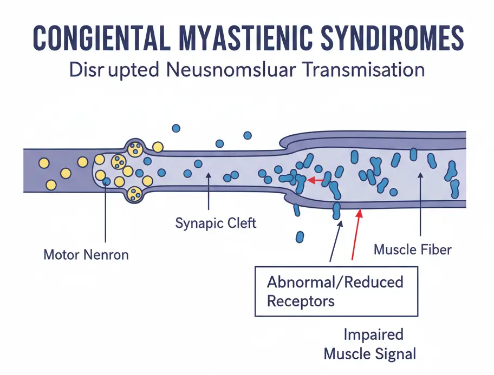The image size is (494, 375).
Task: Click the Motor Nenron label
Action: coord(86,254)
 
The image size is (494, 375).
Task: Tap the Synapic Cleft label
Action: coord(216,223)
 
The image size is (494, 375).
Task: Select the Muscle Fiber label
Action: coord(413,250)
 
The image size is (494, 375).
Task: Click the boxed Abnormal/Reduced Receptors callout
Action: coord(336,291)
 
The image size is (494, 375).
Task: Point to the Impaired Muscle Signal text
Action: coord(370,344)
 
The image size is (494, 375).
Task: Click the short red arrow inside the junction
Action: coord(316,179)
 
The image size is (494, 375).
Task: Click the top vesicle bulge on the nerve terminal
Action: coord(135,147)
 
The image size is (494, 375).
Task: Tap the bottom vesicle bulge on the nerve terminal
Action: coord(134,193)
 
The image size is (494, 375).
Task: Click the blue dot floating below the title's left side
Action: coord(175,128)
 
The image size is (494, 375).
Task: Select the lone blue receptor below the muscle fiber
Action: coord(300,237)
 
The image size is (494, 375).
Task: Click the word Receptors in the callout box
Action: coord(301,300)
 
